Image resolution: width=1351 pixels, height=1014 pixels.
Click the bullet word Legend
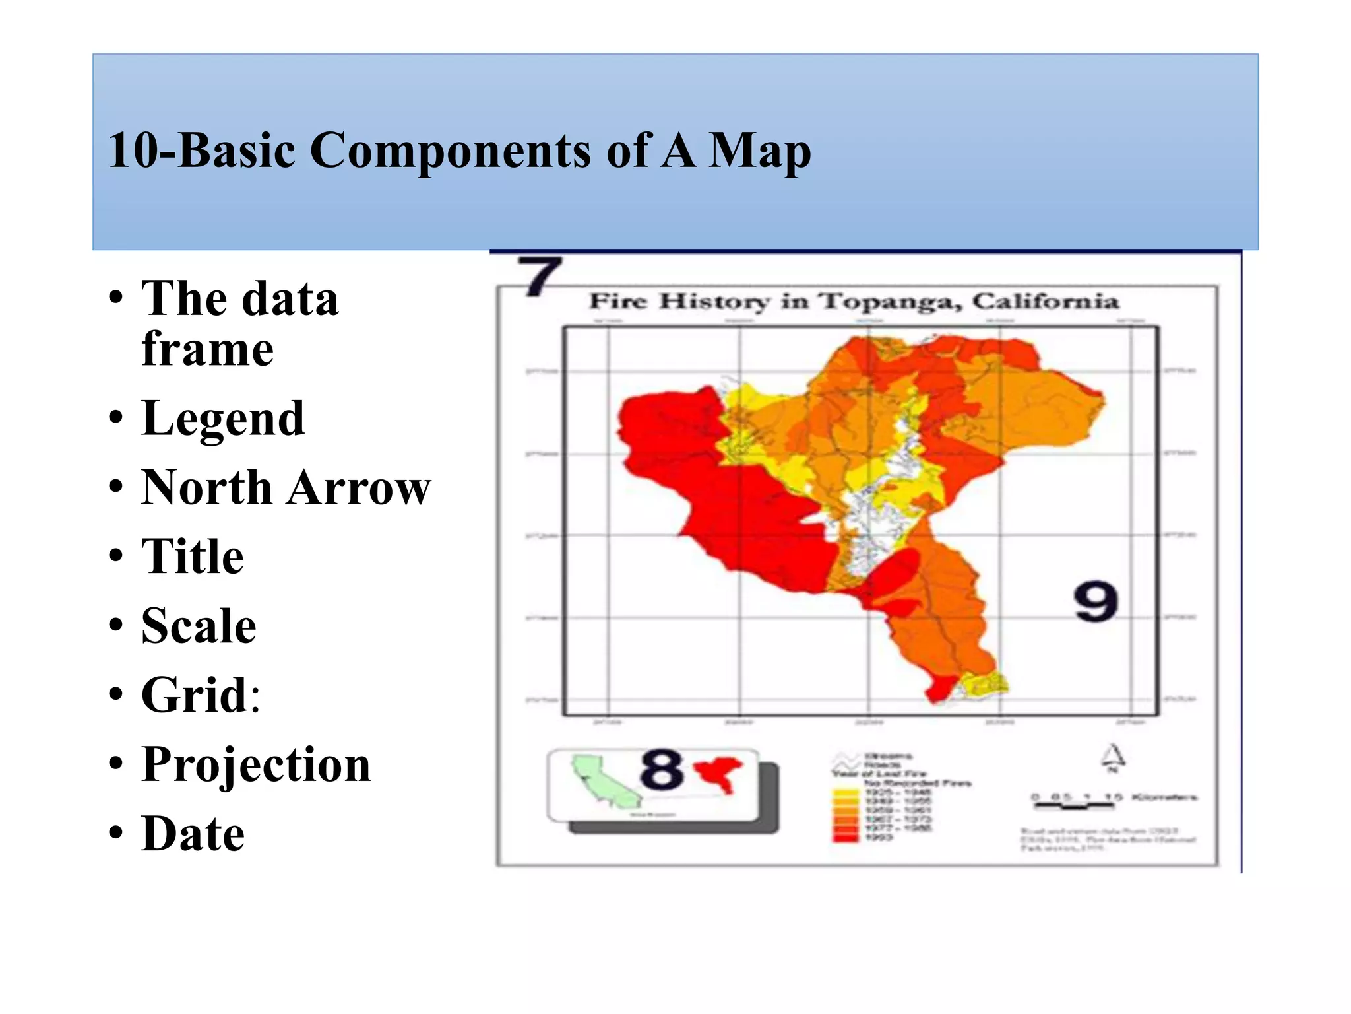222,419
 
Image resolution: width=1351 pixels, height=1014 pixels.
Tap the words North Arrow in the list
286,488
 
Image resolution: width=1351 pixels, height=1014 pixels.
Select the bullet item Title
192,557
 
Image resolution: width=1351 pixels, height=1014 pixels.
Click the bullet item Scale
199,626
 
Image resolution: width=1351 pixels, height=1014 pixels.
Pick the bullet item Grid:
201,695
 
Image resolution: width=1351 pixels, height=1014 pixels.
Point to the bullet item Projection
256,764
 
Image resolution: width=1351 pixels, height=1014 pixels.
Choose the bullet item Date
193,834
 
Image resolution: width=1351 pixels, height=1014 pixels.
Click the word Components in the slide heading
453,151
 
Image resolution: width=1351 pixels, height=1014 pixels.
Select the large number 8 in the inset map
661,769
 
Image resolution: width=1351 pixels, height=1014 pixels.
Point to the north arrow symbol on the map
1113,758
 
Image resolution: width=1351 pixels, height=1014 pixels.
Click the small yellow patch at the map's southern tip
982,685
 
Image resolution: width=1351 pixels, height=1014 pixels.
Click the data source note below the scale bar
1108,839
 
